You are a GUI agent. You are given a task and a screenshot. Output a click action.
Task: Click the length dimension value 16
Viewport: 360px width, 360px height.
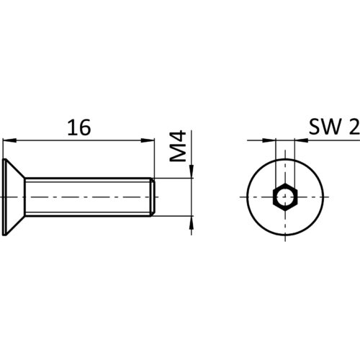[x=79, y=127]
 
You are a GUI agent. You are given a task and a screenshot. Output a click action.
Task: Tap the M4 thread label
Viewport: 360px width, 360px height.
[x=178, y=146]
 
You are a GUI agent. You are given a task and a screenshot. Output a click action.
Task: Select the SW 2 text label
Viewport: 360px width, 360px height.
[x=334, y=127]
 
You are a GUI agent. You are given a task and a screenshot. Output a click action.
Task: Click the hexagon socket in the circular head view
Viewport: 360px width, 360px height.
[x=285, y=197]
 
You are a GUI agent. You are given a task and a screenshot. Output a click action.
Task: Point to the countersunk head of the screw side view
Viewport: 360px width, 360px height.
[x=14, y=197]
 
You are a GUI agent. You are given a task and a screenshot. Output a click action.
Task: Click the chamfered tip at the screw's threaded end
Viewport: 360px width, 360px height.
[x=153, y=197]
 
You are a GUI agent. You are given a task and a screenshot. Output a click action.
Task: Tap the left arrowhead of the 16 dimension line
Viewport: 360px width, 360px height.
[x=9, y=140]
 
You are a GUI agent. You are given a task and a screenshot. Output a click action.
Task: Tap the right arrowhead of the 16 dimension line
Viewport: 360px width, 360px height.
[x=148, y=140]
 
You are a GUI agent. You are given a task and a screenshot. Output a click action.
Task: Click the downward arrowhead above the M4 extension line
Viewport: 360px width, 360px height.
[x=192, y=171]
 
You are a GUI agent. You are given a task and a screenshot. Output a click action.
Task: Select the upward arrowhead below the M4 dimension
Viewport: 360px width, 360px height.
[x=192, y=223]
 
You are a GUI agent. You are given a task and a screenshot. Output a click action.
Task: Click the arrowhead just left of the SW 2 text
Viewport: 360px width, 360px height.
[x=301, y=140]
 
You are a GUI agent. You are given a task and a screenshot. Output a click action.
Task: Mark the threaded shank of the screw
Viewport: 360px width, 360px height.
[x=88, y=197]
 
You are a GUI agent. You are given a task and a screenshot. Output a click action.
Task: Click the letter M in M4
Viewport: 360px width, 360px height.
[x=178, y=153]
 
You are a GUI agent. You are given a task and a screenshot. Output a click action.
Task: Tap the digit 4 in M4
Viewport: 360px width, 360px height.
[x=178, y=137]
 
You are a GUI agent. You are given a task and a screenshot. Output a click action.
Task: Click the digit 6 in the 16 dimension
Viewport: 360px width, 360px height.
[x=85, y=127]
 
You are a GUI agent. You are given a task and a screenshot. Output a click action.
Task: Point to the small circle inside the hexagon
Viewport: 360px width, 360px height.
[x=285, y=197]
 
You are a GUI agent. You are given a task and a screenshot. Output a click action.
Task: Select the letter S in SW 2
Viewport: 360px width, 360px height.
[x=313, y=127]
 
